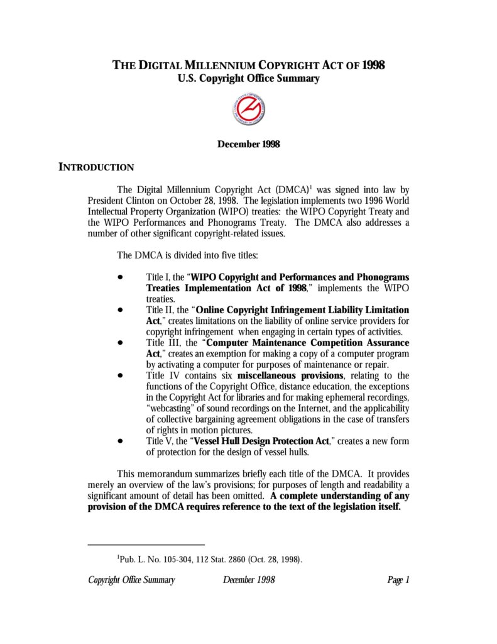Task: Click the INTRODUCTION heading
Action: coord(96,167)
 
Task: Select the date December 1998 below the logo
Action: coord(248,144)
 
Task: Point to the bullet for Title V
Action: coord(119,441)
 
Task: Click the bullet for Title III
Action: coord(119,343)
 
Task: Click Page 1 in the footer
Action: coord(398,580)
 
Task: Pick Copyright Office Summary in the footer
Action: coord(131,580)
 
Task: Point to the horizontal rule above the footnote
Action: coord(146,545)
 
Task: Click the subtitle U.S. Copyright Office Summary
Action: coord(248,79)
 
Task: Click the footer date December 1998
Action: coord(249,580)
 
